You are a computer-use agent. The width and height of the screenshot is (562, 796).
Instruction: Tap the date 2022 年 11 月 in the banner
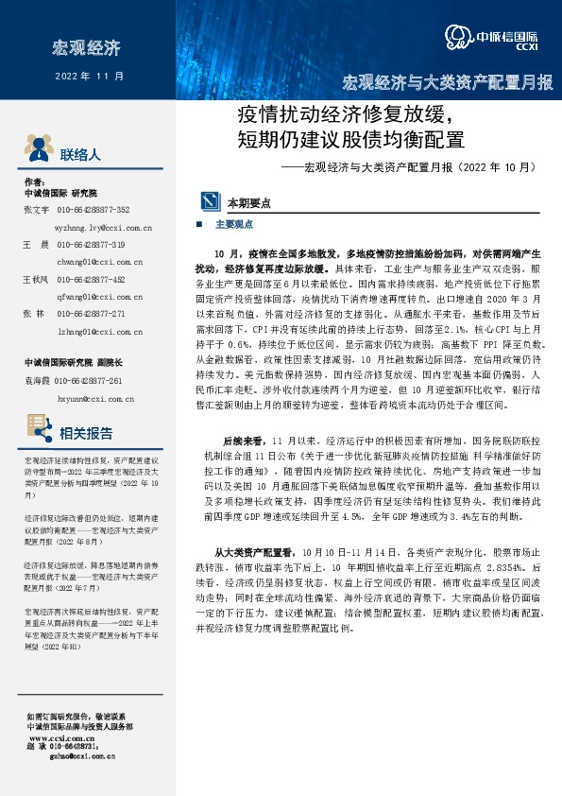90,76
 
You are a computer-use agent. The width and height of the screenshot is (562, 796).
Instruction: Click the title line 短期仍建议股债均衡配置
352,141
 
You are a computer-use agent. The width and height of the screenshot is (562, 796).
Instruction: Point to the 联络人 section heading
79,154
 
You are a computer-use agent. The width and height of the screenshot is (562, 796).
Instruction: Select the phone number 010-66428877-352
94,210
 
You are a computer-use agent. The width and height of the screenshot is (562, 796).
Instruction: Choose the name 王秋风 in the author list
35,280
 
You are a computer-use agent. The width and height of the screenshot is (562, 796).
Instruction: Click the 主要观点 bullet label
233,225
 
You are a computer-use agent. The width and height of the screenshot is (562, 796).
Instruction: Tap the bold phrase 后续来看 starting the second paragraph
241,441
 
